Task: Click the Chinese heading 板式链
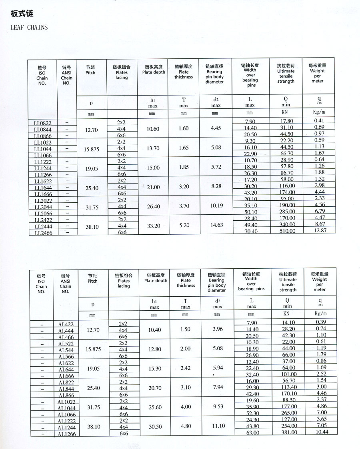coord(22,14)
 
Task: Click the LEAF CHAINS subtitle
coord(29,28)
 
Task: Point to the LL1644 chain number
coord(43,188)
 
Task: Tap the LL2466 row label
coord(43,233)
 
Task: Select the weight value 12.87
coord(320,230)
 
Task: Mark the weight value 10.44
coord(322,432)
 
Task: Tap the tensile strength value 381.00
coord(289,432)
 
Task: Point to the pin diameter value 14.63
coord(217,225)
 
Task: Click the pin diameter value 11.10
coord(218,426)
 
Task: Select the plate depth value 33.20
coord(154,226)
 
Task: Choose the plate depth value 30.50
coord(155,427)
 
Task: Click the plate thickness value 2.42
coord(186,368)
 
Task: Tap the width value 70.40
coord(251,231)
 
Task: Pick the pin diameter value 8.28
coord(216,186)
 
